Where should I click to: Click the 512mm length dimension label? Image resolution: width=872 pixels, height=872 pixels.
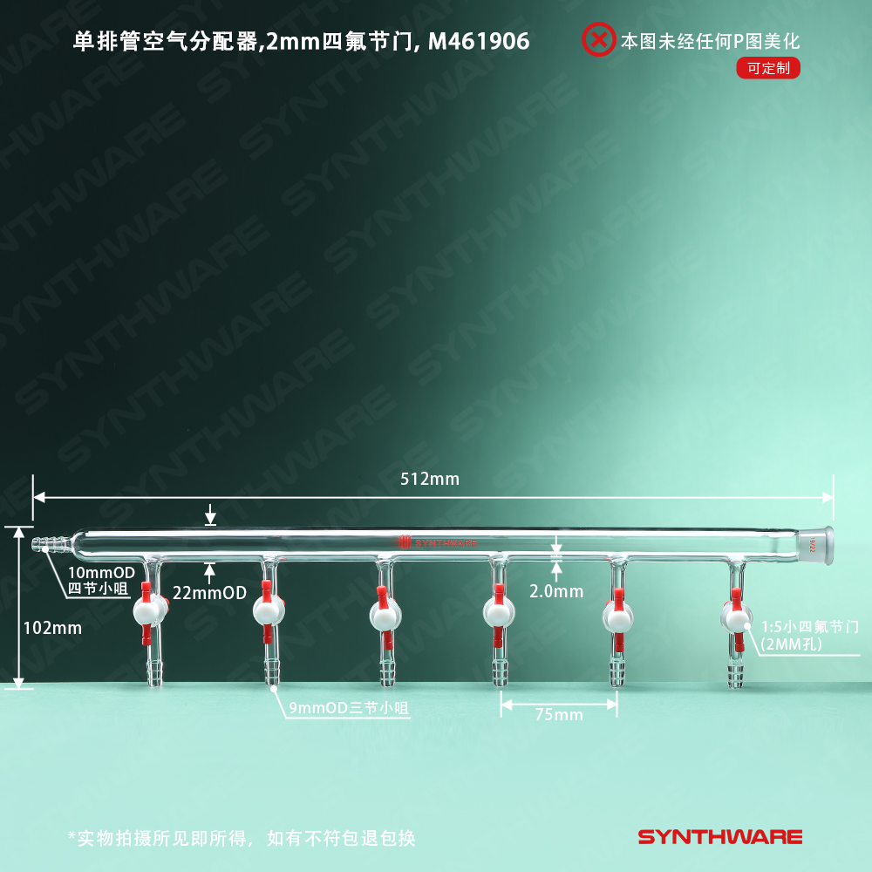429,479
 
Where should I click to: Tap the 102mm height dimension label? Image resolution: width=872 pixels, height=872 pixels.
52,627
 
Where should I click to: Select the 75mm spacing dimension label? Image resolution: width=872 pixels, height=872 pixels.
558,715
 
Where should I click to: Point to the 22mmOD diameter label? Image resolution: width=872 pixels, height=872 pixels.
209,593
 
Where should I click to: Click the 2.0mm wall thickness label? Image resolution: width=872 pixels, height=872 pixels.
556,591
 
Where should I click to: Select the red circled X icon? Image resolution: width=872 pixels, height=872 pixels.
598,39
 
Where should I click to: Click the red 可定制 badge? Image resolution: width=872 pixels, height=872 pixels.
767,68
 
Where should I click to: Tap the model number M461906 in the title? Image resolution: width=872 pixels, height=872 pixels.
479,40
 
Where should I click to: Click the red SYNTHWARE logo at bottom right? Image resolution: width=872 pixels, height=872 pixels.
719,837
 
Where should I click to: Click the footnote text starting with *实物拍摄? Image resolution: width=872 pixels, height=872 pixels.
242,838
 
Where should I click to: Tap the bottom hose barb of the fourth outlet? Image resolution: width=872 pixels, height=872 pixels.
501,673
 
